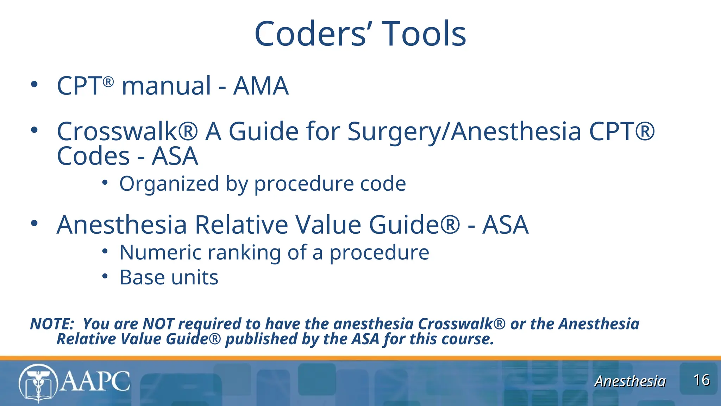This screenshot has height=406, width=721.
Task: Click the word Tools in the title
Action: point(424,34)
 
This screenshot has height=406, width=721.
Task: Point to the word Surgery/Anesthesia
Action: point(464,131)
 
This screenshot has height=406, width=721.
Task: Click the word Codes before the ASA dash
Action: point(93,156)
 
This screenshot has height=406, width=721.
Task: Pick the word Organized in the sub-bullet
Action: point(169,184)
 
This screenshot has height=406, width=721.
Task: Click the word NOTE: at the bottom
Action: point(52,324)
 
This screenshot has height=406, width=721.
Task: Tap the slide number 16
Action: point(701,380)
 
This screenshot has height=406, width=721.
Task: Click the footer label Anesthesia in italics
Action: point(630,381)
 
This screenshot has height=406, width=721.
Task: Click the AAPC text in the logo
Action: point(95,381)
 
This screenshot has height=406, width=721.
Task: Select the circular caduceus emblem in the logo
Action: point(38,383)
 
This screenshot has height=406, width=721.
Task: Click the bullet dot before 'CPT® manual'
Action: point(34,85)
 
